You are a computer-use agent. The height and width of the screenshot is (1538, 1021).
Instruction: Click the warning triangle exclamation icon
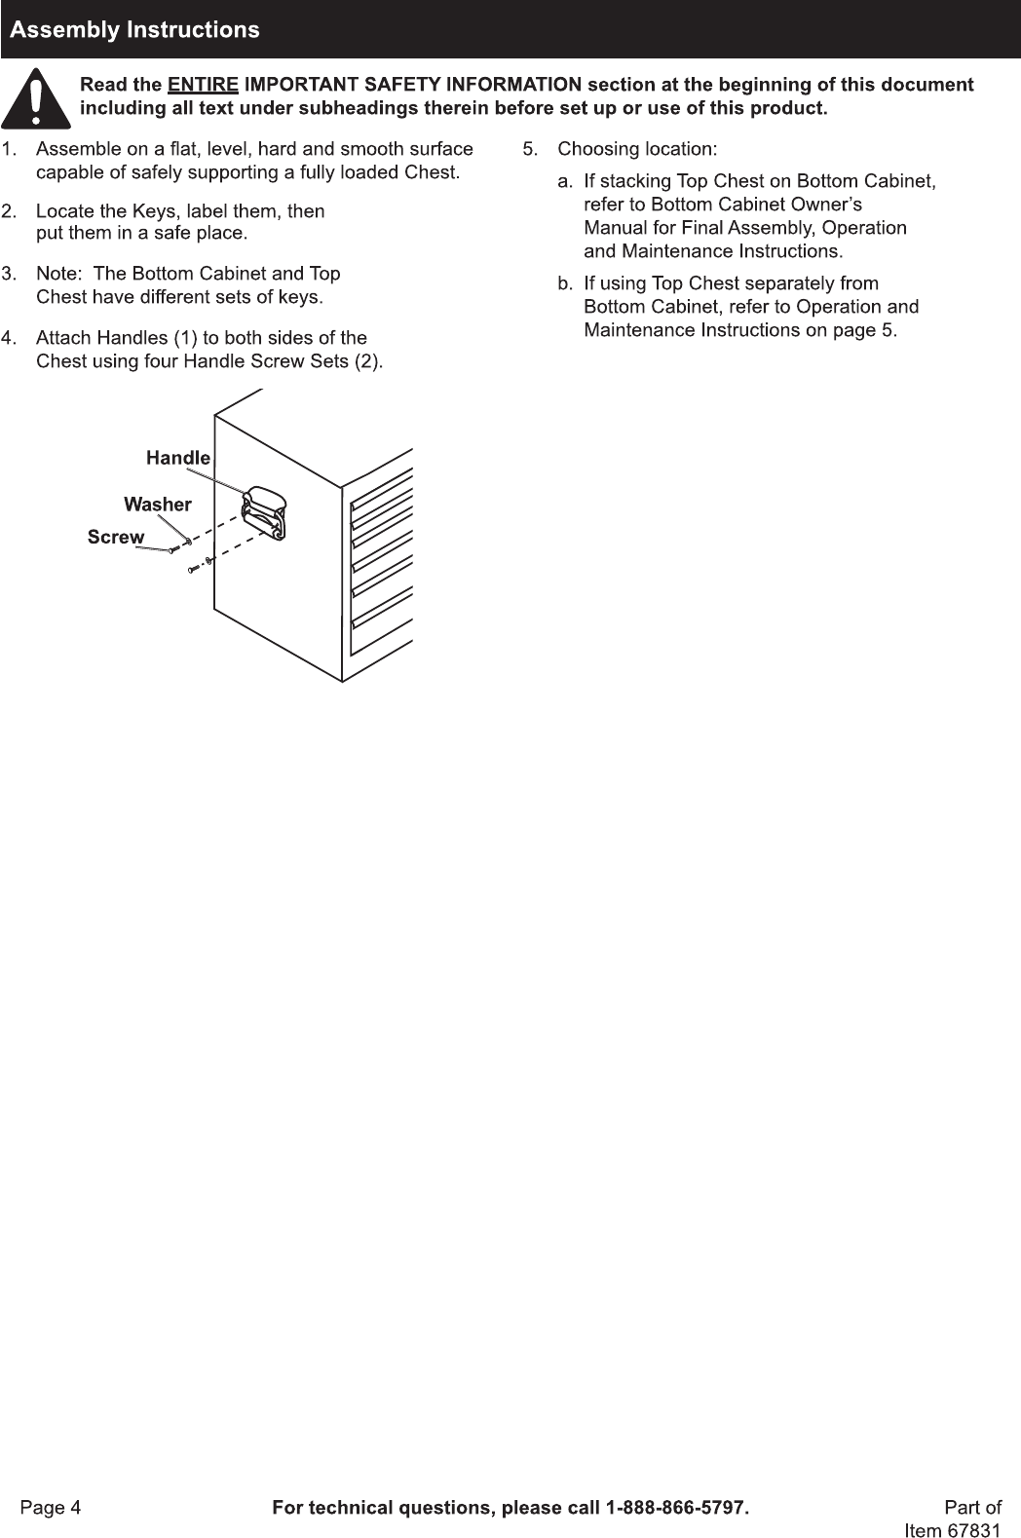click(36, 98)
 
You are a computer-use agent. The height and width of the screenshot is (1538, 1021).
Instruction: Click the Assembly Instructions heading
click(134, 29)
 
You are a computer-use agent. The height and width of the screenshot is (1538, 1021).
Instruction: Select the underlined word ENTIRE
click(203, 85)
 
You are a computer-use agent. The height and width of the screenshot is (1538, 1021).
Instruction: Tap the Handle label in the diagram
click(178, 458)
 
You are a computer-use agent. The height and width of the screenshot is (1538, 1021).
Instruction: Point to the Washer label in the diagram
click(158, 505)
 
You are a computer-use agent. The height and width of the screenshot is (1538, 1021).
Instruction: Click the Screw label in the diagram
click(116, 537)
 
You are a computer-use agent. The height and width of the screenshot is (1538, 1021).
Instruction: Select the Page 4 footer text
click(52, 1508)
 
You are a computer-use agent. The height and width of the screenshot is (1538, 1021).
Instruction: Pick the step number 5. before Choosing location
click(531, 149)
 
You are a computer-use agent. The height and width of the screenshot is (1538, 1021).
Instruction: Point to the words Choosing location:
click(637, 149)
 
